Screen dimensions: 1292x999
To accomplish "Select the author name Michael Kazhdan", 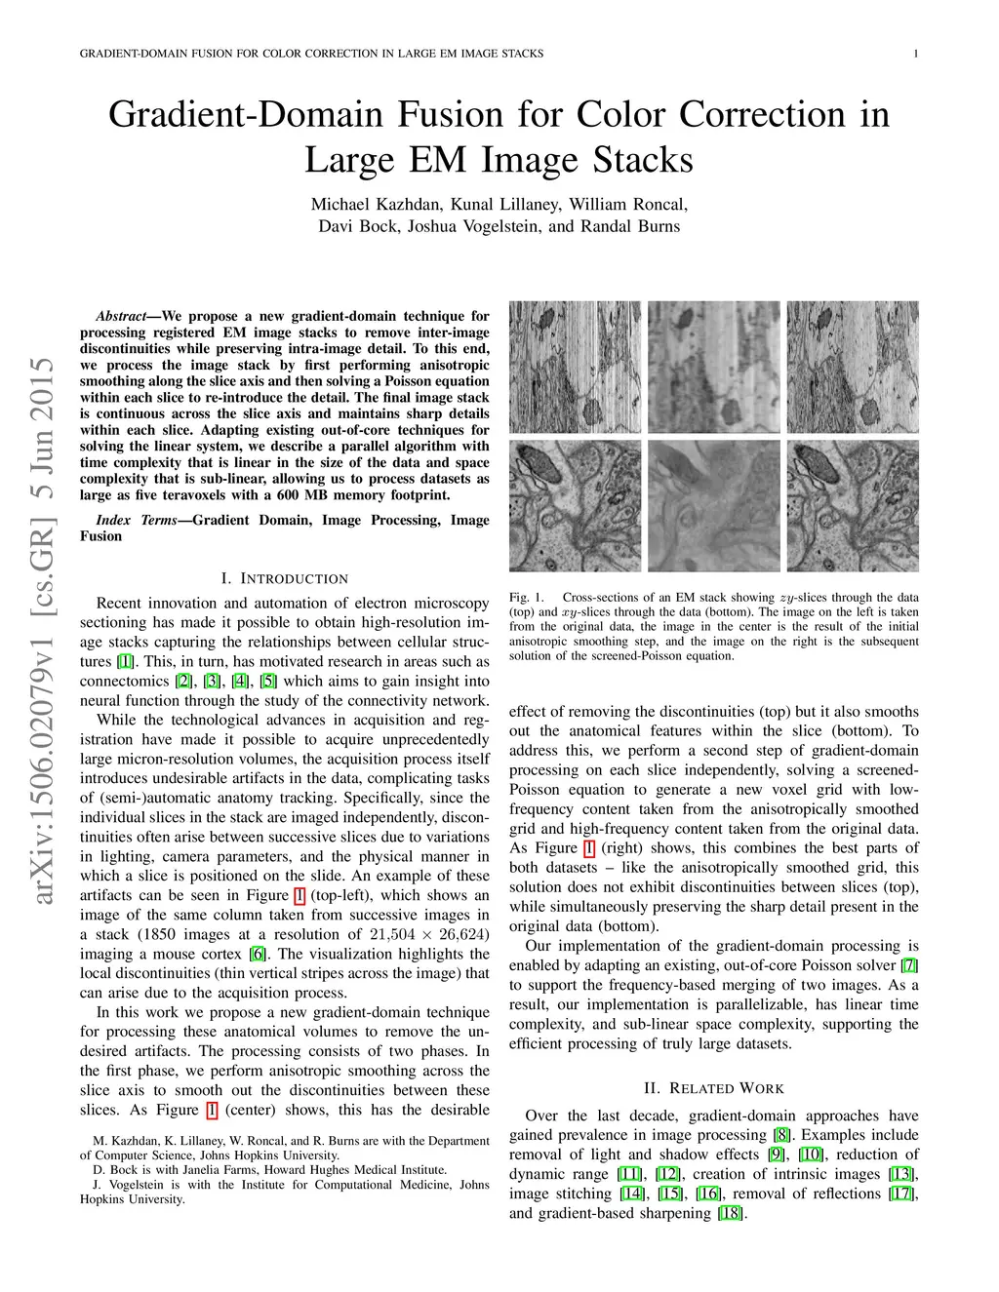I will click(x=376, y=205).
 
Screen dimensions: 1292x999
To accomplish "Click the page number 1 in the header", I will click(x=915, y=54).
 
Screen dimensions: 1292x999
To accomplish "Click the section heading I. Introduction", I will click(x=284, y=578).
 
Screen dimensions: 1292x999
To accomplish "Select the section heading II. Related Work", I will click(x=713, y=1088).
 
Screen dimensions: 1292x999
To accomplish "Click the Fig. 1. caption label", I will click(x=526, y=597).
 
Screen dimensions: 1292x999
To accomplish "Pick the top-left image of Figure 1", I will click(x=576, y=367).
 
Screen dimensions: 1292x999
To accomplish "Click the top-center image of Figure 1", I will click(x=713, y=367).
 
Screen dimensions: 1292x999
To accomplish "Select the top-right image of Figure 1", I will click(x=853, y=367).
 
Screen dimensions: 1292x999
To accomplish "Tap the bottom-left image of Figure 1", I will click(x=576, y=505).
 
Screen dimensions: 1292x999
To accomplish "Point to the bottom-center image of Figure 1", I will click(x=713, y=505).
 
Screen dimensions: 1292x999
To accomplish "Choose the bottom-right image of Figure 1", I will click(x=853, y=505).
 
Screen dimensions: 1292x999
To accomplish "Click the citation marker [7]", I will click(x=909, y=965).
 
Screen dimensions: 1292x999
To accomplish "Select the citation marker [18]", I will click(x=730, y=1213).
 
